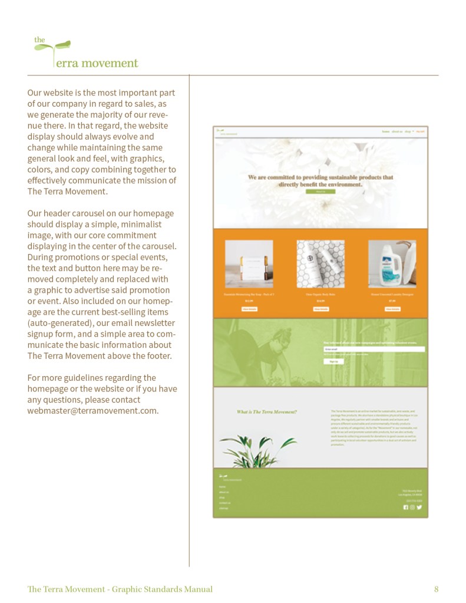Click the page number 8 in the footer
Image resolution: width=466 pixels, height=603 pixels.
[x=436, y=589]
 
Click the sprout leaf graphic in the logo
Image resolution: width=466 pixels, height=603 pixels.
[x=60, y=46]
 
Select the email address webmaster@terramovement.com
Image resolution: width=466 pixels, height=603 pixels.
[x=92, y=410]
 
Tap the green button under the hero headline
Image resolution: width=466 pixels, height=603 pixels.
[x=320, y=192]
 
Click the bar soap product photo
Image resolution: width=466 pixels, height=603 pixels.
[x=249, y=263]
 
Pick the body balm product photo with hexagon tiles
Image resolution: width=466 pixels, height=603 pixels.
[x=320, y=263]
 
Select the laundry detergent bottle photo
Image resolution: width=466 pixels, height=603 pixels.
[x=392, y=263]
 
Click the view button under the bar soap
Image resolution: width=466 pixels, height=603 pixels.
[x=249, y=309]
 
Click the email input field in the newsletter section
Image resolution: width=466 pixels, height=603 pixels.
[x=374, y=349]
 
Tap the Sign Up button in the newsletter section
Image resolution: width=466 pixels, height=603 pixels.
[x=333, y=361]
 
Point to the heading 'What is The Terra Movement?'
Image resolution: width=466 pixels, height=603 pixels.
[x=267, y=411]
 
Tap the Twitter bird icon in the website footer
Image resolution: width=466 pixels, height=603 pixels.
[x=419, y=507]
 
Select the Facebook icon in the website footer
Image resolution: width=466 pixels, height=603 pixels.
[x=405, y=507]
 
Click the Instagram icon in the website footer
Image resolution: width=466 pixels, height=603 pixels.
[x=412, y=507]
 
